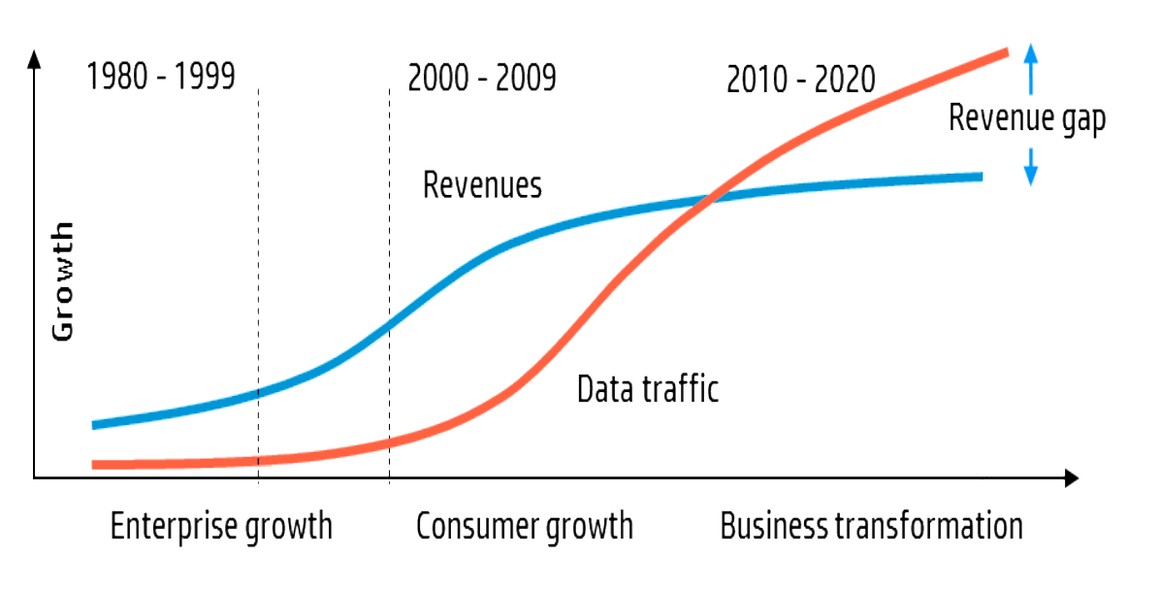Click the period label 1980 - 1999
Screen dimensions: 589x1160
pyautogui.click(x=161, y=76)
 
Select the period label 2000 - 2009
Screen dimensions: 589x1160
pyautogui.click(x=482, y=78)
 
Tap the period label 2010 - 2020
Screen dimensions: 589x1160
pyautogui.click(x=800, y=79)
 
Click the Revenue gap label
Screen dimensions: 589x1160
pyautogui.click(x=1026, y=117)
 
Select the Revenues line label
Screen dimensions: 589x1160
pyautogui.click(x=482, y=184)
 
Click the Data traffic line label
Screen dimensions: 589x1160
pyautogui.click(x=647, y=389)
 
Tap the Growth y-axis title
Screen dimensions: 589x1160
pyautogui.click(x=62, y=281)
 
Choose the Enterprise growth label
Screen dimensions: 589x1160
pyautogui.click(x=221, y=527)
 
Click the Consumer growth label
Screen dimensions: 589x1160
pyautogui.click(x=525, y=527)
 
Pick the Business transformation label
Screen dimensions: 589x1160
pyautogui.click(x=871, y=527)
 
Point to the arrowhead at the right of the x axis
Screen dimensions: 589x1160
pyautogui.click(x=1071, y=477)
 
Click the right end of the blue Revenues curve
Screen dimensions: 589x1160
pyautogui.click(x=981, y=177)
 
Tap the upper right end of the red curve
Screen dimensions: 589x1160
pyautogui.click(x=1007, y=52)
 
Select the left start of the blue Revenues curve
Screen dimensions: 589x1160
pyautogui.click(x=95, y=424)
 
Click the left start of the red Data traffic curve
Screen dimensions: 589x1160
pyautogui.click(x=95, y=465)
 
